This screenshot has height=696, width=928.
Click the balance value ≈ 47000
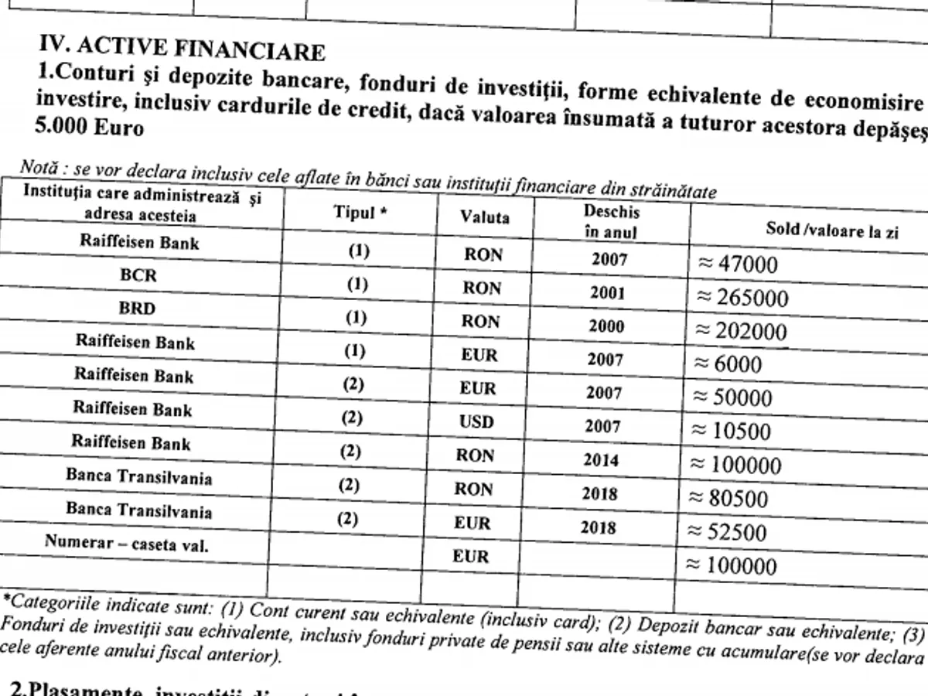(737, 265)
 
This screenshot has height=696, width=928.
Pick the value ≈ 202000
(742, 332)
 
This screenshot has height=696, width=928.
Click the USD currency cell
(477, 423)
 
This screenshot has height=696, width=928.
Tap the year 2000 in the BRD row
(606, 326)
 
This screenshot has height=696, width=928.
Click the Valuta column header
(485, 217)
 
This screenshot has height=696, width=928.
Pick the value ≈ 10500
(732, 432)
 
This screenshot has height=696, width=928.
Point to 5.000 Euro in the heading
(90, 127)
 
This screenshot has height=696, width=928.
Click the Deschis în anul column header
(611, 221)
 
